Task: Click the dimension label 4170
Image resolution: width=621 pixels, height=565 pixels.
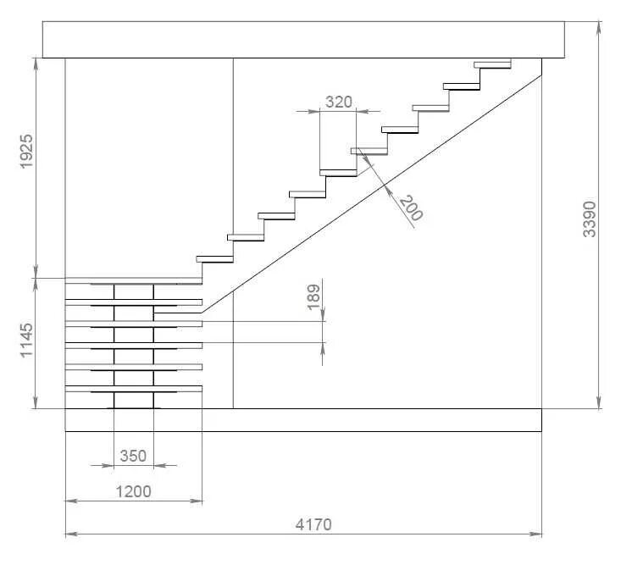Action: [313, 524]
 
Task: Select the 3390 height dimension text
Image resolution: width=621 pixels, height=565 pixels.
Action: [591, 219]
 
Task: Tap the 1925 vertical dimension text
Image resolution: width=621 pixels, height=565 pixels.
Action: [25, 151]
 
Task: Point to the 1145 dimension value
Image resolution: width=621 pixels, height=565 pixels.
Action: [25, 340]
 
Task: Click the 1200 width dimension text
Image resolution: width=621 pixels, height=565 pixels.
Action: [133, 490]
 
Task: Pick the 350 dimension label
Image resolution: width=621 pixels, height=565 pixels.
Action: [132, 456]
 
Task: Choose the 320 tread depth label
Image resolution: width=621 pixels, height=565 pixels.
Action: [338, 102]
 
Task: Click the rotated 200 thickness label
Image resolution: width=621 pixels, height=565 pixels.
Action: [410, 208]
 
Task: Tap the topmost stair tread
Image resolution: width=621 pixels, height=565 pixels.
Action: [492, 63]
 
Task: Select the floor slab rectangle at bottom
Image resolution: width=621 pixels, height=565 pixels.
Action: [303, 420]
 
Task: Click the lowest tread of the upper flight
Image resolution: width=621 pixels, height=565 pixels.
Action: [214, 258]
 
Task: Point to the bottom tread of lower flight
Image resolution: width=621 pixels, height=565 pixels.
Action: [134, 389]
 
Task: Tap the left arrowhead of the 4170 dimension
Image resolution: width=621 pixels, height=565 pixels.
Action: [69, 535]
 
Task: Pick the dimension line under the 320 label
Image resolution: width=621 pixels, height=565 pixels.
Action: [338, 111]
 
